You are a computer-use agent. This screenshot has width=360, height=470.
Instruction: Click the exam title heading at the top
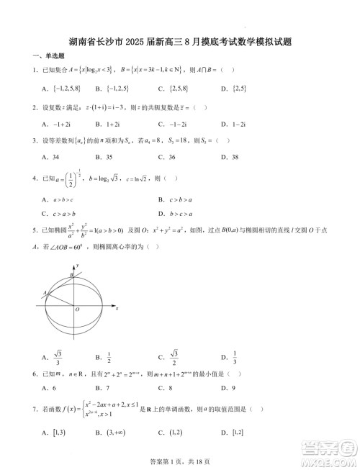(x=180, y=42)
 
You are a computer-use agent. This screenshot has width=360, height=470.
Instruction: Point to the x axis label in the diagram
(x=117, y=307)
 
